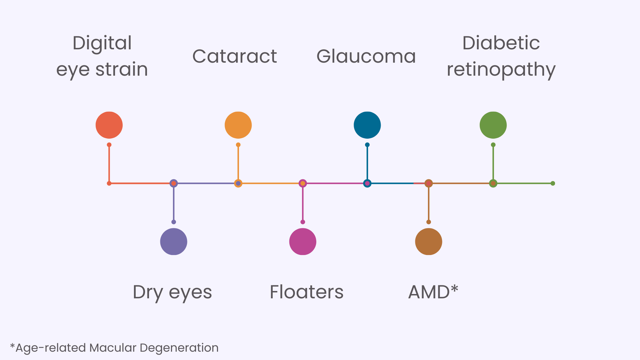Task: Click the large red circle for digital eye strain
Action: point(109,125)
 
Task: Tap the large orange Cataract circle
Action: point(238,125)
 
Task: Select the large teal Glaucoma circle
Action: point(367,125)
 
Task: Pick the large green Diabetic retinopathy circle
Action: point(493,125)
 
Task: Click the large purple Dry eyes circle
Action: point(174,242)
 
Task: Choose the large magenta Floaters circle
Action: point(303,242)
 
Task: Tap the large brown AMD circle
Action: point(429,242)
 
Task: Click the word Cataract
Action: point(235,56)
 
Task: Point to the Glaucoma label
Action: point(366,56)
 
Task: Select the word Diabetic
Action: point(501,43)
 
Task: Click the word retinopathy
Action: point(501,70)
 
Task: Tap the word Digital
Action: point(102,43)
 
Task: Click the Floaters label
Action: point(306,292)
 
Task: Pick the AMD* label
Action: point(433,292)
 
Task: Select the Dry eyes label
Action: point(172,292)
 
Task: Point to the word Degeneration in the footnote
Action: point(179,348)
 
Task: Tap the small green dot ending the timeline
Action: point(553,183)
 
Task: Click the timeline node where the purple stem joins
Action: point(174,183)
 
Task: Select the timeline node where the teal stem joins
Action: point(367,183)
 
